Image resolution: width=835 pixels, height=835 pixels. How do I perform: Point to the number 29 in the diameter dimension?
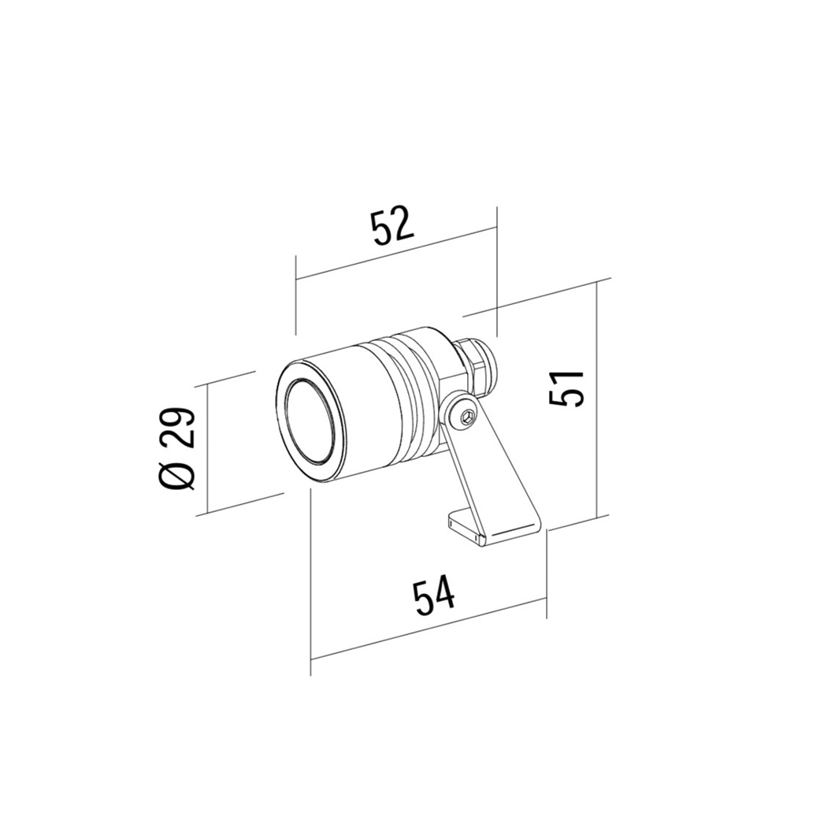(177, 429)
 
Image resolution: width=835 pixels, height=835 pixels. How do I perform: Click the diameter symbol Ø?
(177, 475)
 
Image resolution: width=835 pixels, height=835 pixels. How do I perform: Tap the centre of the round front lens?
(310, 421)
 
